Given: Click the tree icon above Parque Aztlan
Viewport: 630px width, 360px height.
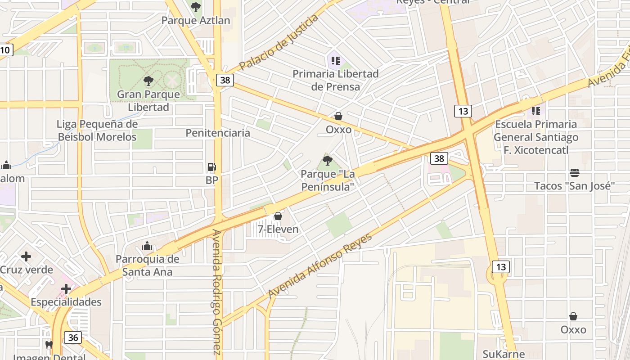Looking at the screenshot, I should tap(195, 7).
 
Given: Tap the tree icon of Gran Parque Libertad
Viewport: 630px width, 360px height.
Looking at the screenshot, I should tap(148, 81).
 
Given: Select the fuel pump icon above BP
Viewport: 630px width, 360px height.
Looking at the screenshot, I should tap(211, 167).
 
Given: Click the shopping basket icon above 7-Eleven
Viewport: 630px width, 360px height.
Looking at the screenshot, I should tap(278, 216).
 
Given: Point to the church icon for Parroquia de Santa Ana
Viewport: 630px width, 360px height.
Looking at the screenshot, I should tap(147, 246).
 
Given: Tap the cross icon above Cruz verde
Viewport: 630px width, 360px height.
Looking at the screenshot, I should tap(26, 257).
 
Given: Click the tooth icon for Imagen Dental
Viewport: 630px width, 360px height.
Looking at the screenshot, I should tap(49, 345).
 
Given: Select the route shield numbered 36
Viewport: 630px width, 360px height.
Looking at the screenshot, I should tap(73, 337).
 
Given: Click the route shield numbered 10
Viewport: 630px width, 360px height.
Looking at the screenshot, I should tap(5, 50).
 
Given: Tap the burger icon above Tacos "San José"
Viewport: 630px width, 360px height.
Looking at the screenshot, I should tap(574, 173).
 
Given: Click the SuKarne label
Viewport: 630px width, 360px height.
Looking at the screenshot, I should tap(503, 354).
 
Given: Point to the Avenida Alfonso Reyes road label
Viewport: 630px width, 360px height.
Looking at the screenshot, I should tap(320, 266).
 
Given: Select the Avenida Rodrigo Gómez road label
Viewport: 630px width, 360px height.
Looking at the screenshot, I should tap(217, 292).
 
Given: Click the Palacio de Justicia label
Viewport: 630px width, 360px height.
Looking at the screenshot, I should tap(279, 42).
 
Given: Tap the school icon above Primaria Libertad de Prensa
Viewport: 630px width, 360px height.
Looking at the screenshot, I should tap(335, 60).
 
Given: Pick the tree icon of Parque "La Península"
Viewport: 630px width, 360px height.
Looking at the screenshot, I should tap(327, 160).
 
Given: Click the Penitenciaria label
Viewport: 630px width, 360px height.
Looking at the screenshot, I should tap(218, 133).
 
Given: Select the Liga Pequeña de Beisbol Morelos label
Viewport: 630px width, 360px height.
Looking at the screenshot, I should tap(97, 130).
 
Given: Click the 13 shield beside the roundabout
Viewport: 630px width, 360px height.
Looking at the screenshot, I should tap(501, 267).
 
